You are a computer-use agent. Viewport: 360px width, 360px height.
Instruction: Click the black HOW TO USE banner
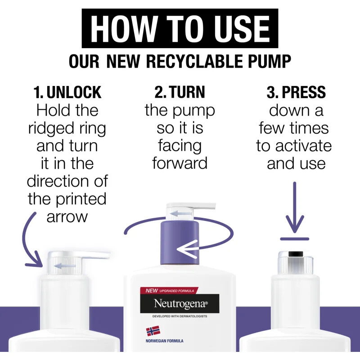(180, 28)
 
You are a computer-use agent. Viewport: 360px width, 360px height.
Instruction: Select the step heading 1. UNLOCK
(67, 92)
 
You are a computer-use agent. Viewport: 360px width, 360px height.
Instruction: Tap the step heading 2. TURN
(180, 92)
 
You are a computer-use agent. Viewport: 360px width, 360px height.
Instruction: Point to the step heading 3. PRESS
(296, 92)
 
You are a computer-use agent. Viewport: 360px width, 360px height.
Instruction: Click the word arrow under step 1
(67, 217)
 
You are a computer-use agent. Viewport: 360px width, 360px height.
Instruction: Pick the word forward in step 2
(180, 163)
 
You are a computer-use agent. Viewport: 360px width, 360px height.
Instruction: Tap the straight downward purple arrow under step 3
(295, 207)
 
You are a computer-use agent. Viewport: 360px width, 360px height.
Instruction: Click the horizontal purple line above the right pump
(295, 239)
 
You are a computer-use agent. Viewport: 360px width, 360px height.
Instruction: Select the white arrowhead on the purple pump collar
(188, 249)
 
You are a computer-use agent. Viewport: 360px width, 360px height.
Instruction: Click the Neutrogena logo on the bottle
(180, 303)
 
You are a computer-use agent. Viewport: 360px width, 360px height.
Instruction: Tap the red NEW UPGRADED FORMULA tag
(169, 291)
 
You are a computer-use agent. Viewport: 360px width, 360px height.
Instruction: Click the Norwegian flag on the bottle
(153, 331)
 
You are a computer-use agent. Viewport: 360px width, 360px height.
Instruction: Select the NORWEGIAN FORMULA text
(164, 341)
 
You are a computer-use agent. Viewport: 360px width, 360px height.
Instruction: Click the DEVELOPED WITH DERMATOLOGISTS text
(180, 316)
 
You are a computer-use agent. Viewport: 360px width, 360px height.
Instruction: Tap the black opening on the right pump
(296, 254)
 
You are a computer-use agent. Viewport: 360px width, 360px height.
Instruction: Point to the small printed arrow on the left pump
(64, 266)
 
